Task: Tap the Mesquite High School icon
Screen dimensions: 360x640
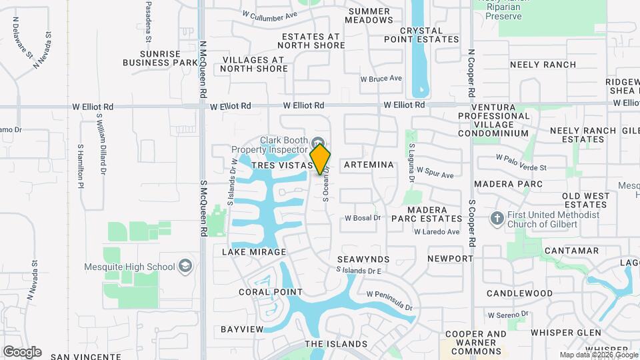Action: coord(185,267)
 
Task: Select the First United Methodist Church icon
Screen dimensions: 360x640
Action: coord(496,219)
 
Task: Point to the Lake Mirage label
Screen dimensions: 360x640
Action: coord(254,253)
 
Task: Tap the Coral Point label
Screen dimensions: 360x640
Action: coord(271,292)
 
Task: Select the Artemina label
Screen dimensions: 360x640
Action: coord(369,165)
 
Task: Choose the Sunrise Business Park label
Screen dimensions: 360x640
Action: coord(161,58)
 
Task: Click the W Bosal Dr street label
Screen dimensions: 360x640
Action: coord(362,218)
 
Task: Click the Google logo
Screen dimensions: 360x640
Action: coord(21,352)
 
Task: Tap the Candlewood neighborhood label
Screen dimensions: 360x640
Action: coord(519,293)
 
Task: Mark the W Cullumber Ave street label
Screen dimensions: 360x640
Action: coord(269,14)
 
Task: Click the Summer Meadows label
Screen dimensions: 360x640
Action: coord(369,15)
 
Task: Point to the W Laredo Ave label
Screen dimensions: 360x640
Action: coord(437,232)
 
